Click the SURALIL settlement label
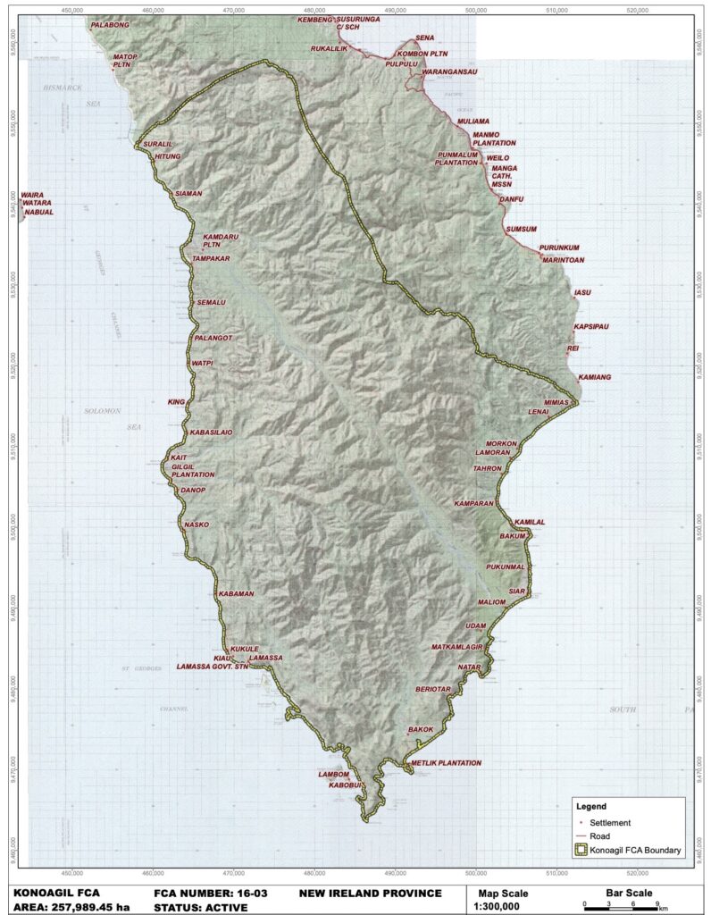tap(157, 144)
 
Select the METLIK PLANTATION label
tap(447, 763)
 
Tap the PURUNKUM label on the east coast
tap(560, 248)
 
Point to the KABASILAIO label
tap(211, 432)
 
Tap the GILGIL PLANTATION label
tap(193, 471)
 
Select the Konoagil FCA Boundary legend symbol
tap(580, 850)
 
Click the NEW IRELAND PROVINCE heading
tap(371, 894)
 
